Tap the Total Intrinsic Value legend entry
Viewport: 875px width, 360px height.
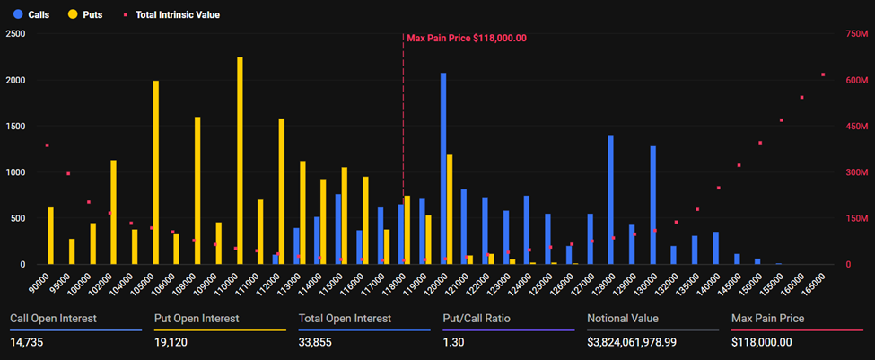click(171, 14)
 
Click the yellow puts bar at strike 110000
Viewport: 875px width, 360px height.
click(240, 162)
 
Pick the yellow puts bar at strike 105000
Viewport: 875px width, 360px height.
click(155, 172)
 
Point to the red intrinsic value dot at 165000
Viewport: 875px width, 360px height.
click(823, 75)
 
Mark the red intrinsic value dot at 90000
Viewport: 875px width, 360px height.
click(47, 145)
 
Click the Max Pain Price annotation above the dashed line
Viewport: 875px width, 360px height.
click(466, 38)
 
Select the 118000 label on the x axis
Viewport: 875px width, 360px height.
click(394, 286)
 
